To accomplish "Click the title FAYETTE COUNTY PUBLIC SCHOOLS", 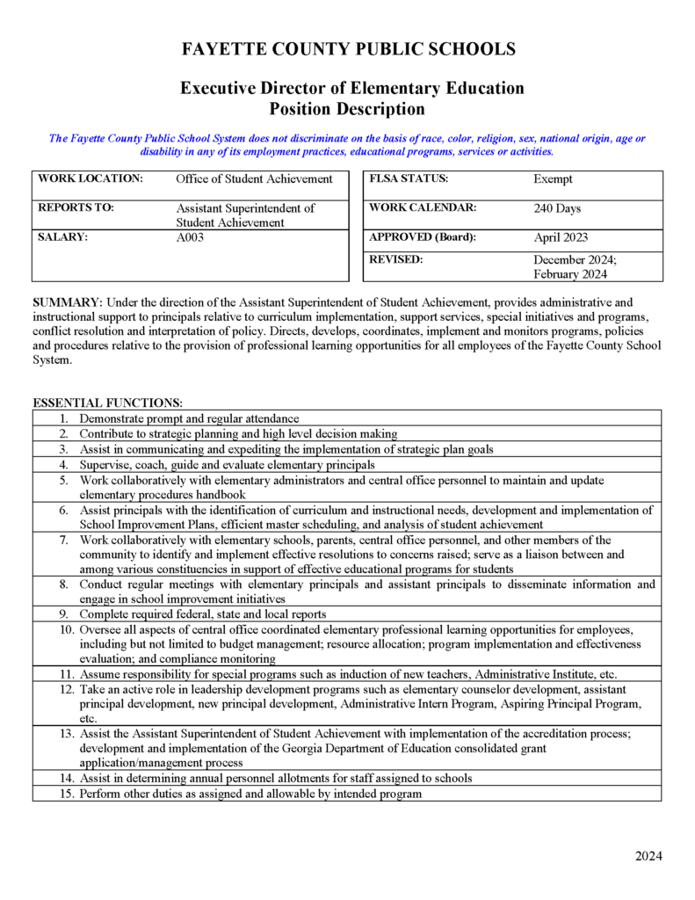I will (x=348, y=49).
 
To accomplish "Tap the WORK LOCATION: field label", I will (x=90, y=178).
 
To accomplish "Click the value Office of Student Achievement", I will (x=254, y=179).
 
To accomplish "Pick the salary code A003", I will (x=190, y=237).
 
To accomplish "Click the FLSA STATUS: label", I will (x=409, y=178).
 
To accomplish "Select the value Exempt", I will (x=553, y=179).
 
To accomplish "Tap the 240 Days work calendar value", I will (x=557, y=209).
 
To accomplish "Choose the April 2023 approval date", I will (x=561, y=237).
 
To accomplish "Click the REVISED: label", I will (x=396, y=260).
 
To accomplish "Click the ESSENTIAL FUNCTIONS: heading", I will (x=107, y=403).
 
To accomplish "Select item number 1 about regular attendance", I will (x=189, y=418).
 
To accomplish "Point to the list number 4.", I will (x=63, y=464).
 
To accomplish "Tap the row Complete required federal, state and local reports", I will (x=203, y=613).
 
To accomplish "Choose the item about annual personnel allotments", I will (x=275, y=778).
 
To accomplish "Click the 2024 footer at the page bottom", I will (x=648, y=857).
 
